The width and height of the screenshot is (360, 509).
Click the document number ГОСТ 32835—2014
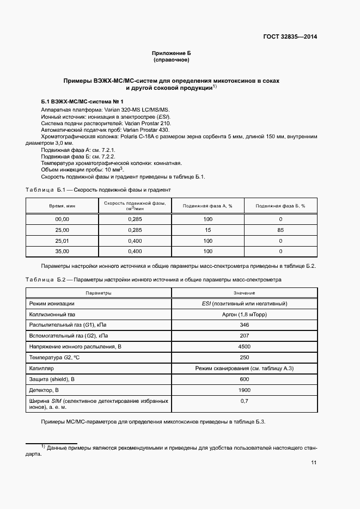[290, 37]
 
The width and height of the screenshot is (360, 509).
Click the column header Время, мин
[62, 206]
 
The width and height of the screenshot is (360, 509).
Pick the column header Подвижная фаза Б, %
[280, 206]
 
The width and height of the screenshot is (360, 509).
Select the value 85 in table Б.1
[280, 230]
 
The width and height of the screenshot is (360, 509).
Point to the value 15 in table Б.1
[208, 230]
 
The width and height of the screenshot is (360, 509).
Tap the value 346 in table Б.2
[244, 324]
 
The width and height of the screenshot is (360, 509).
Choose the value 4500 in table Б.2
[244, 346]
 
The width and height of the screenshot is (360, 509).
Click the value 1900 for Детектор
[244, 390]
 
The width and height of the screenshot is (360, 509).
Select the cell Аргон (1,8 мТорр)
[244, 314]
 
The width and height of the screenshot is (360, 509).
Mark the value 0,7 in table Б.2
[244, 401]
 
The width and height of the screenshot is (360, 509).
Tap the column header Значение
[244, 293]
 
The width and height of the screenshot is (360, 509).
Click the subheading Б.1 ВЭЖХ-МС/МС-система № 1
[82, 102]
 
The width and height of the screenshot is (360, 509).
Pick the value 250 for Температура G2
[244, 357]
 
